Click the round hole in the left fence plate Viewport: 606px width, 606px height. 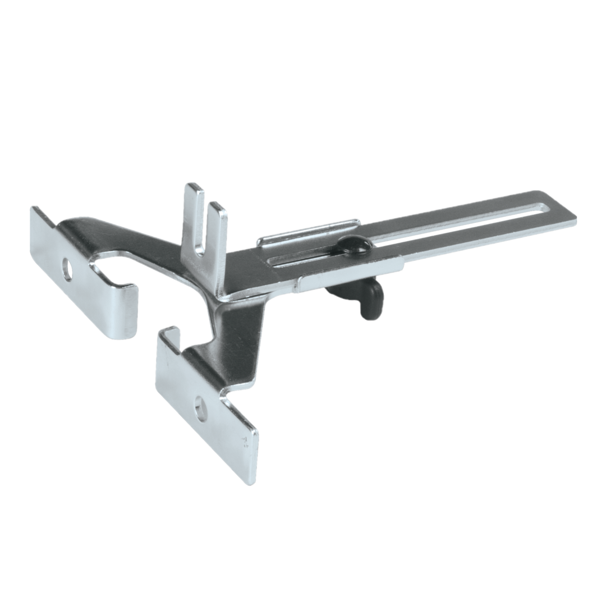click(x=67, y=270)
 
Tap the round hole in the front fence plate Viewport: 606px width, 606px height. click(x=201, y=408)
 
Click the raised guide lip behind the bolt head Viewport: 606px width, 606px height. click(x=309, y=231)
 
